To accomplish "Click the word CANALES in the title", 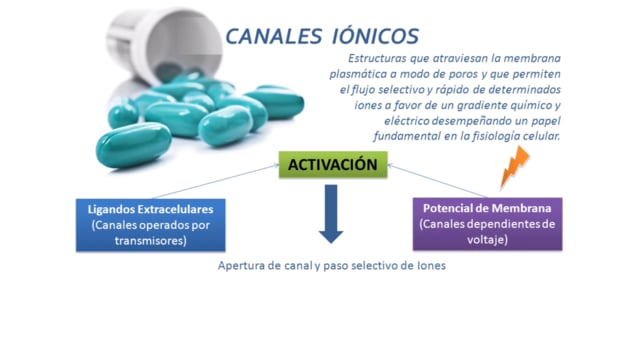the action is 273,36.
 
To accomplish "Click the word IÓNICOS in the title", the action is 375,36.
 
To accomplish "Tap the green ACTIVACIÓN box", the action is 333,165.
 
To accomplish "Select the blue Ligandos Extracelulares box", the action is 151,225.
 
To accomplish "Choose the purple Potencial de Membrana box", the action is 487,224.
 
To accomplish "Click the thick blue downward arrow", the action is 331,214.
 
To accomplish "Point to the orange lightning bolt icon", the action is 515,167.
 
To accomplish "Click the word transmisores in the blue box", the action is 151,240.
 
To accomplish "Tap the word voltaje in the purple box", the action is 487,239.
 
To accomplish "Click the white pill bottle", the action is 164,44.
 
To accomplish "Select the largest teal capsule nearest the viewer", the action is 133,145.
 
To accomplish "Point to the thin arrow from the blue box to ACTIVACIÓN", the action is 216,182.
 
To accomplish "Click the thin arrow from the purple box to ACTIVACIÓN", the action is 437,181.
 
